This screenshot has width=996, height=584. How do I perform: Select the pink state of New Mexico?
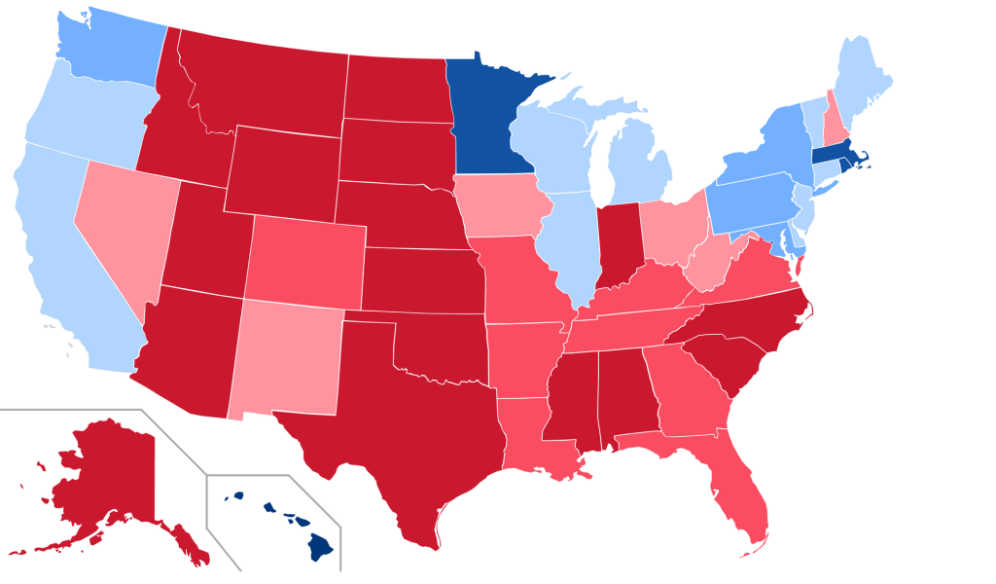click(x=287, y=355)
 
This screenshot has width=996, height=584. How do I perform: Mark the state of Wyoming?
click(x=282, y=170)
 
